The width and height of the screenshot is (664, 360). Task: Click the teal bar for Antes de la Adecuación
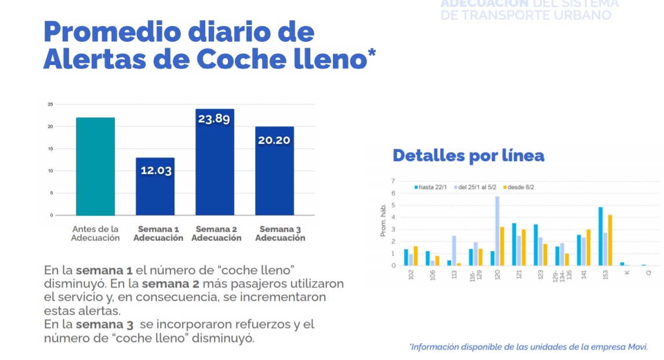(95, 166)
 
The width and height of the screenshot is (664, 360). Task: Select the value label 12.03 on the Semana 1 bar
(155, 170)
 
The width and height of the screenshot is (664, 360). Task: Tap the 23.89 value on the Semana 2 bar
(215, 119)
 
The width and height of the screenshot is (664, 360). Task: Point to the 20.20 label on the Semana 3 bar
(274, 140)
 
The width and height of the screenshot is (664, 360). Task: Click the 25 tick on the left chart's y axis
(50, 104)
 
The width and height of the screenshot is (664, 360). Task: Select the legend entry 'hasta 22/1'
(431, 187)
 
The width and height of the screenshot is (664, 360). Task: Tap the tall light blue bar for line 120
(497, 231)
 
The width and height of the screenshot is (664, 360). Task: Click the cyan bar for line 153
(600, 236)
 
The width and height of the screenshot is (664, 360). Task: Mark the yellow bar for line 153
(609, 240)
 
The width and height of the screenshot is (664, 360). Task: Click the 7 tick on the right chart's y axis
(394, 181)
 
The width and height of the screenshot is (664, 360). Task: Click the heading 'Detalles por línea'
(468, 155)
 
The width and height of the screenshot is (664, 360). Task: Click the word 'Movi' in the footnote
(638, 347)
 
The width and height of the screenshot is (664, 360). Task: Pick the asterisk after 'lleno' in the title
(371, 54)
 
